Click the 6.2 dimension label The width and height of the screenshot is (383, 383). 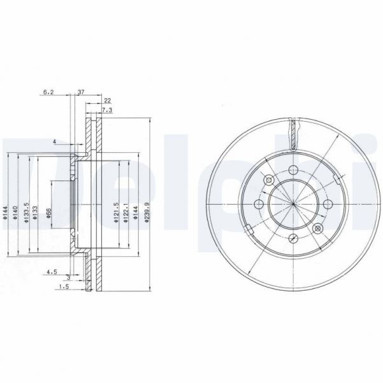(48, 92)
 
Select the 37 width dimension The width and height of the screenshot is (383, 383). (81, 92)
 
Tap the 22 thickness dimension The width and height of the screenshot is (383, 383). (107, 101)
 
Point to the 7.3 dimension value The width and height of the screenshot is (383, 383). (107, 110)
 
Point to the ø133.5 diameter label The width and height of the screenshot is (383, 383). (26, 212)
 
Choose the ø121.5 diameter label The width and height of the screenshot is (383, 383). (115, 212)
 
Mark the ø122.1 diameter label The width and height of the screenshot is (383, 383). (126, 212)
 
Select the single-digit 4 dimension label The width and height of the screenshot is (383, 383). (55, 141)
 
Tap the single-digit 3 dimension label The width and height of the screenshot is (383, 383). (68, 278)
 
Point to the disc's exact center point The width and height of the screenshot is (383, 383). (293, 203)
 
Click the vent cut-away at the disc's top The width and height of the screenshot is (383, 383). (293, 134)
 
